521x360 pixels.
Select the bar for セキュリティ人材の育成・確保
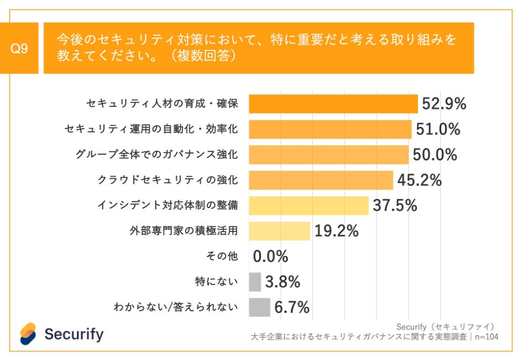pos(333,104)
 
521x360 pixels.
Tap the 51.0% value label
pos(438,129)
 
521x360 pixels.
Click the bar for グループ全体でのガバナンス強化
pos(329,155)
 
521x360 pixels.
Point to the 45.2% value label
pos(419,180)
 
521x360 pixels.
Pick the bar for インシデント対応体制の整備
pos(308,205)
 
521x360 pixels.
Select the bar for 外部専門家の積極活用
pos(280,231)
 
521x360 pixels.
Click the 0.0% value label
pos(271,256)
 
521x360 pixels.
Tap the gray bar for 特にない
pos(255,282)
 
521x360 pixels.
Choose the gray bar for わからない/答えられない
pos(260,307)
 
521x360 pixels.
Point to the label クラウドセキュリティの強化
pos(167,180)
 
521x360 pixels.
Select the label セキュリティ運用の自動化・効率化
pos(151,129)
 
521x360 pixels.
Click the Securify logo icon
pos(28,333)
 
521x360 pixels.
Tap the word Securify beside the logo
pos(74,334)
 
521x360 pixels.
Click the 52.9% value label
pos(444,104)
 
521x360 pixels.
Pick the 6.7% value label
pos(292,307)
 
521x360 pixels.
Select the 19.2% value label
pos(337,231)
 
